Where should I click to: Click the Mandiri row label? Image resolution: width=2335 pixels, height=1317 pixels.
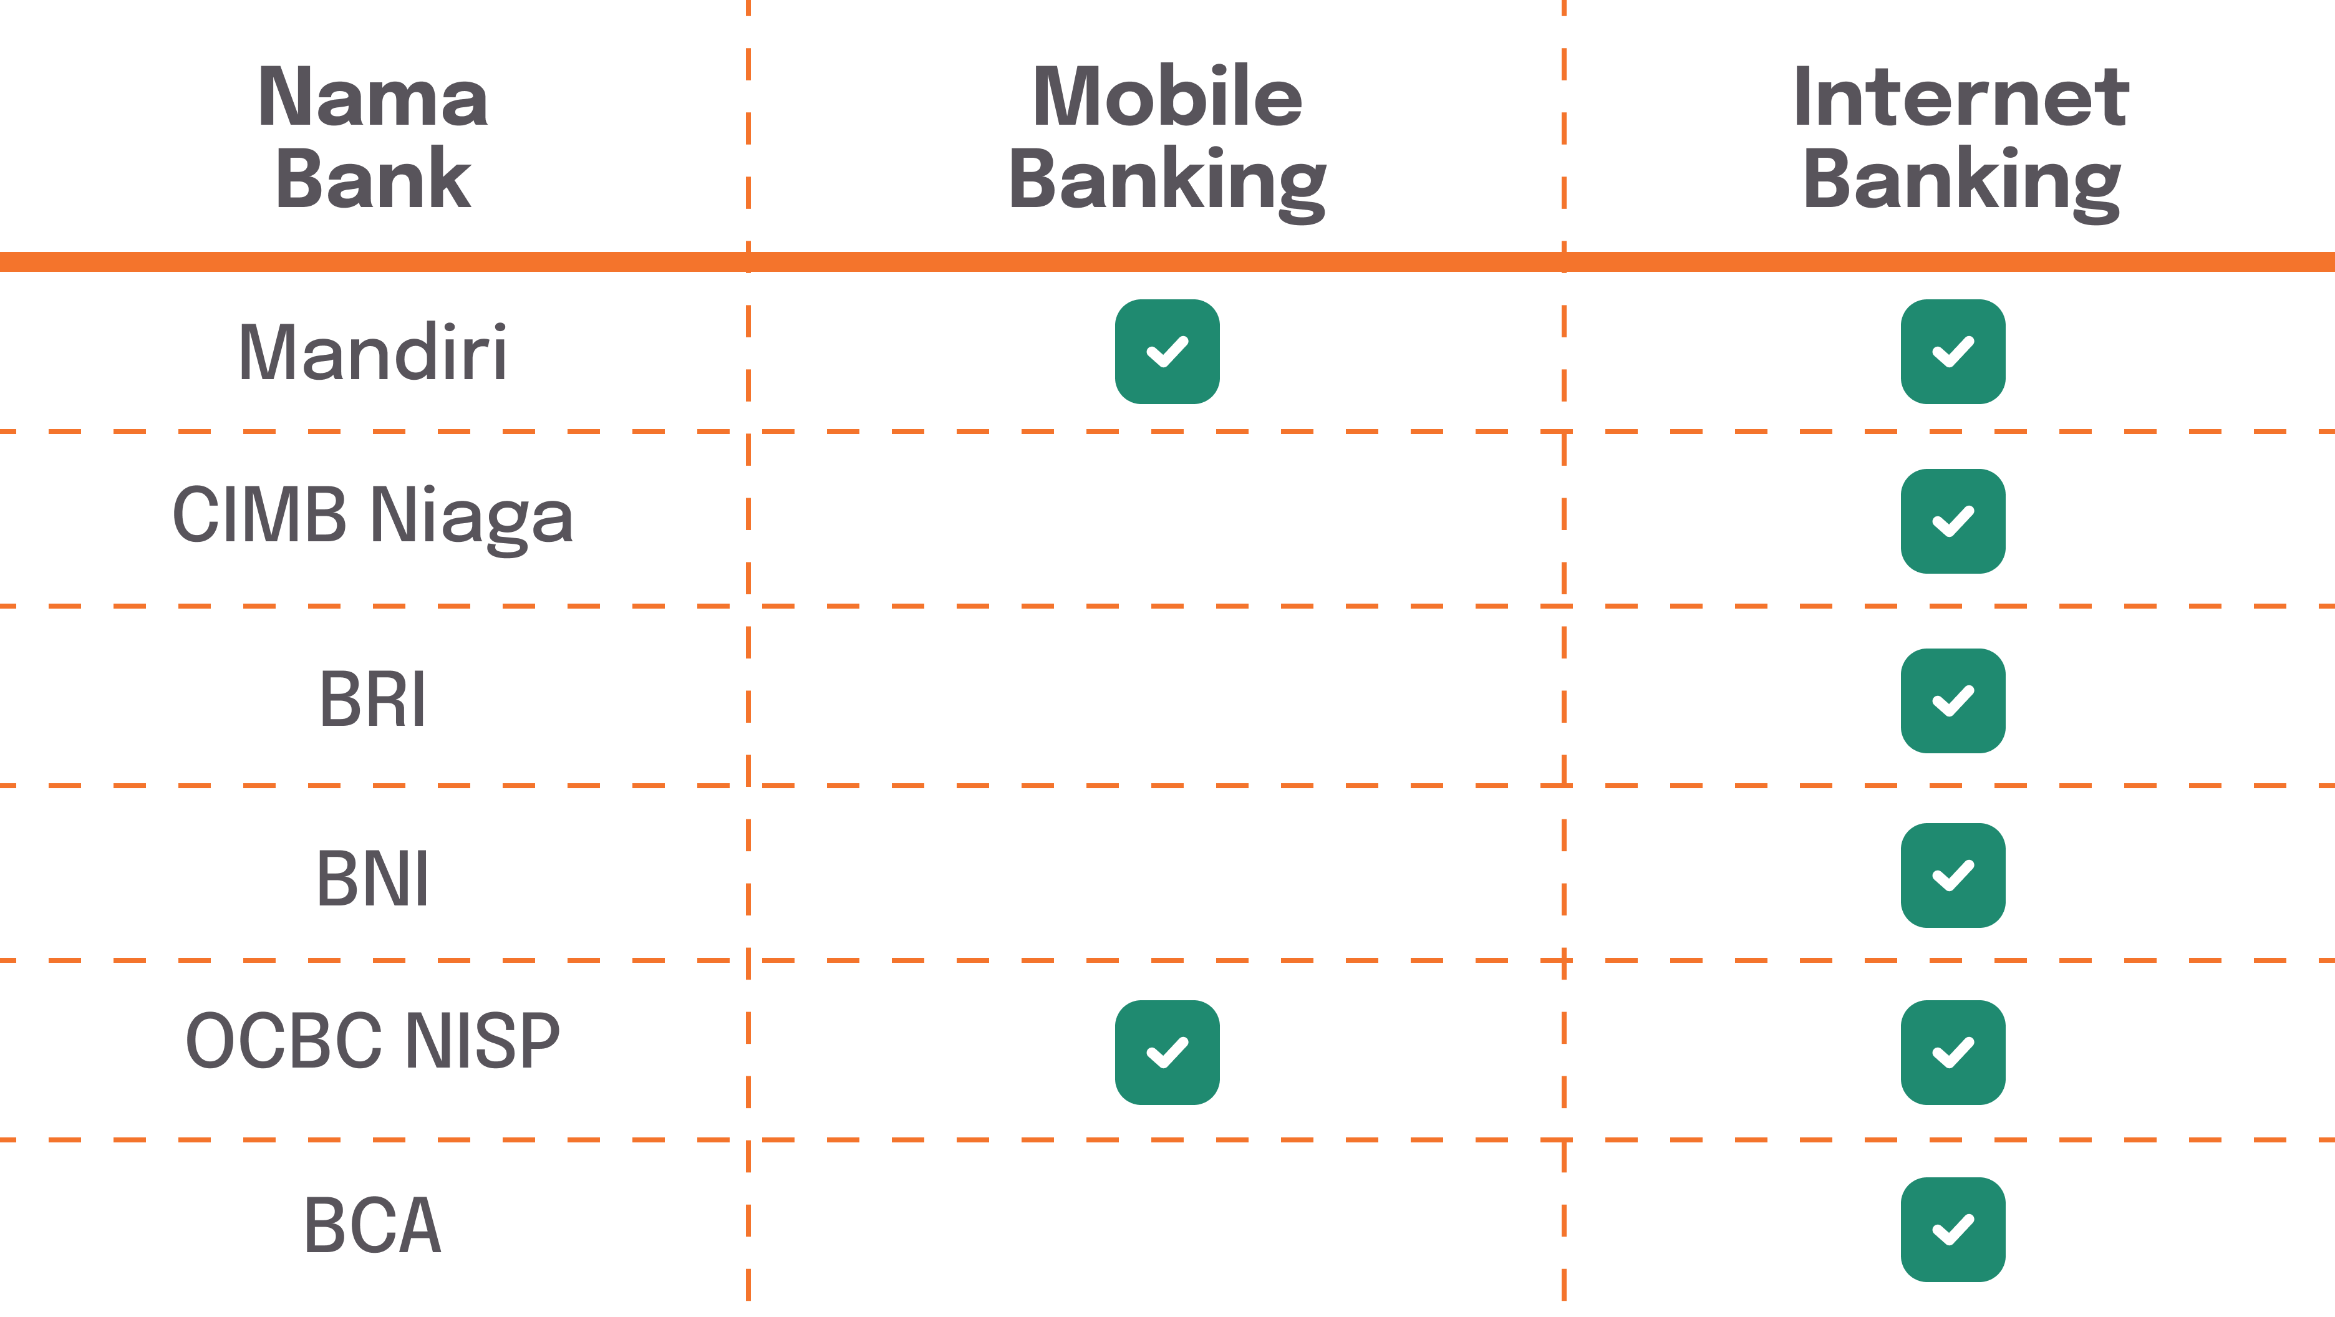pos(372,352)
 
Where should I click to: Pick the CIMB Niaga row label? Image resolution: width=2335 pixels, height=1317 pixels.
pos(372,517)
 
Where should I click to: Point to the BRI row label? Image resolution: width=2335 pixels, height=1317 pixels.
pos(372,700)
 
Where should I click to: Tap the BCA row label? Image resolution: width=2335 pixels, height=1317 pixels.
pos(372,1225)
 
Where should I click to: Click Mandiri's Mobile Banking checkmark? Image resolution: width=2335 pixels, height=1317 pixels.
pos(1167,352)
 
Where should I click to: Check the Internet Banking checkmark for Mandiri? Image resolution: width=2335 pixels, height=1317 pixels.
pos(1953,352)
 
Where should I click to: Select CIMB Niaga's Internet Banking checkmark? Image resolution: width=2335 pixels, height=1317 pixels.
pos(1953,521)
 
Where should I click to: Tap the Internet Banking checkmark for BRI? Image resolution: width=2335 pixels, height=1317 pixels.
pos(1953,701)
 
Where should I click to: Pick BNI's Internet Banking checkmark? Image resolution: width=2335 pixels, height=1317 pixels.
pos(1953,876)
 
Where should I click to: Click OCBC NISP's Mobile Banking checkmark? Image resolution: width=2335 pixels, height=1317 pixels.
pos(1167,1053)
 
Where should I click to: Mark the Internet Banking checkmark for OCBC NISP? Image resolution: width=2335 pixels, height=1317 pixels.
pos(1953,1053)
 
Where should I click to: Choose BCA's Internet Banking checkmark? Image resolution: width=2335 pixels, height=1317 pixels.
pos(1953,1230)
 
